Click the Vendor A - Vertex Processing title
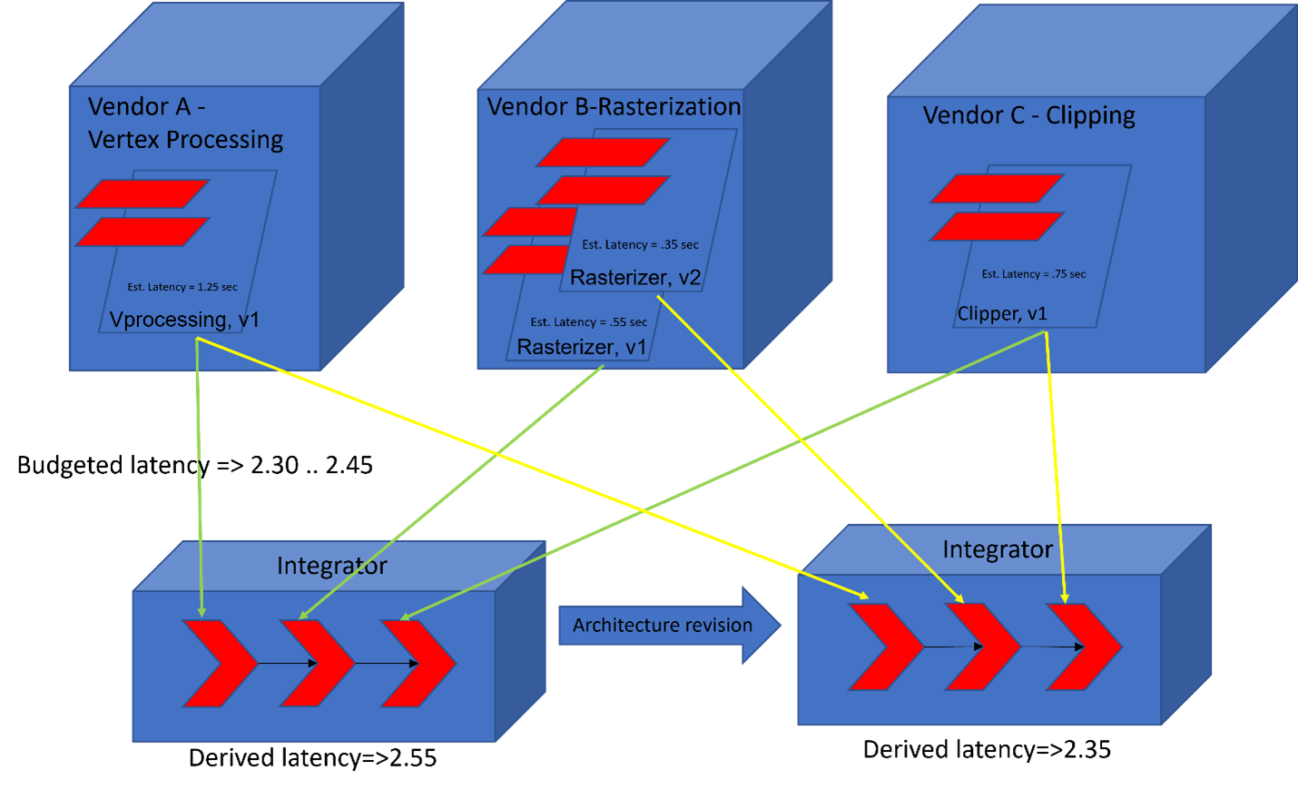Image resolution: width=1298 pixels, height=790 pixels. pyautogui.click(x=185, y=123)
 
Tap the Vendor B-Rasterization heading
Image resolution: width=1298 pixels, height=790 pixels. pyautogui.click(x=614, y=107)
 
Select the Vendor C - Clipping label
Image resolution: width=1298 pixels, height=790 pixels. pyautogui.click(x=1028, y=115)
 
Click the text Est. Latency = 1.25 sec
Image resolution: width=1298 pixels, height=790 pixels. pyautogui.click(x=182, y=287)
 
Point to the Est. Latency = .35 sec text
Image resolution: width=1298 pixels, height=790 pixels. pyautogui.click(x=640, y=244)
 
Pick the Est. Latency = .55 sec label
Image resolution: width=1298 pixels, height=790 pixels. pyautogui.click(x=588, y=322)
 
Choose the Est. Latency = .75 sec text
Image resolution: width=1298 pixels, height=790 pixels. pyautogui.click(x=1033, y=274)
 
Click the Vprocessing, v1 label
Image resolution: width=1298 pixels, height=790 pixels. pyautogui.click(x=184, y=320)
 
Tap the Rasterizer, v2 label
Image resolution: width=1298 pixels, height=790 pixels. pyautogui.click(x=634, y=278)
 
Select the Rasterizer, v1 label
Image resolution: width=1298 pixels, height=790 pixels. pyautogui.click(x=581, y=347)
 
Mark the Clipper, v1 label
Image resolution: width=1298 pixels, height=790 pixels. pyautogui.click(x=1002, y=314)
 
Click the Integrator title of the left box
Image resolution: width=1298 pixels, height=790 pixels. pyautogui.click(x=331, y=566)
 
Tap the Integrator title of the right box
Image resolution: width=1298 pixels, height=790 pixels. pyautogui.click(x=997, y=549)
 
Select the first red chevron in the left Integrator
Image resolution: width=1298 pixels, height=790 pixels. pyautogui.click(x=218, y=664)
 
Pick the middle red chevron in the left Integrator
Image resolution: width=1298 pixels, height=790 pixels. pyautogui.click(x=316, y=664)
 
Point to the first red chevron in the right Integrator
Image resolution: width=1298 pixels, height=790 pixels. pyautogui.click(x=885, y=647)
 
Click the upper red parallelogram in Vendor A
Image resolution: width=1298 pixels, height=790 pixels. pyautogui.click(x=143, y=193)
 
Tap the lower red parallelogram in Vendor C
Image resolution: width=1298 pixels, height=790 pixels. pyautogui.click(x=997, y=226)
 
